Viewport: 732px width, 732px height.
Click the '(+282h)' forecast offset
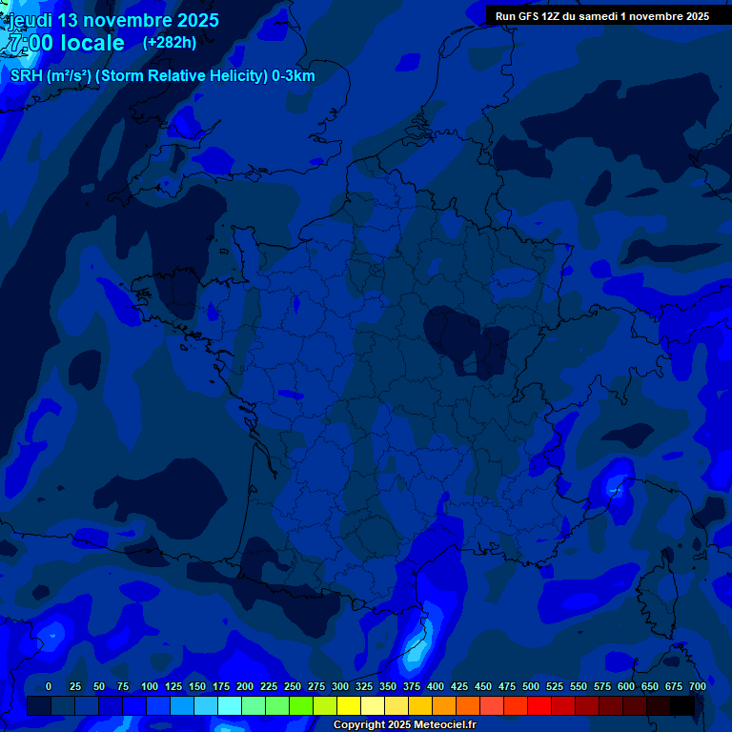(x=170, y=42)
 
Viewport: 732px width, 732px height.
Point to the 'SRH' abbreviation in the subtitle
(x=26, y=76)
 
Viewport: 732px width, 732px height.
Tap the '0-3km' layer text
(x=293, y=76)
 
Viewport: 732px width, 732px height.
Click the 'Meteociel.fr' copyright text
(x=444, y=725)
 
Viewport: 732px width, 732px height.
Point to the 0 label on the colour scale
(x=49, y=686)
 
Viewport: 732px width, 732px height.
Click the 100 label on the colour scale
(x=150, y=686)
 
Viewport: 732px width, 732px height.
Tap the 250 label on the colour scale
(x=293, y=686)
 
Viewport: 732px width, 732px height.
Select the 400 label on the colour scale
(x=436, y=686)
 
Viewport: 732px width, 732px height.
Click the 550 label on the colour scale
(x=579, y=686)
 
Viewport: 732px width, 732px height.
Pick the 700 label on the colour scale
(x=698, y=686)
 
